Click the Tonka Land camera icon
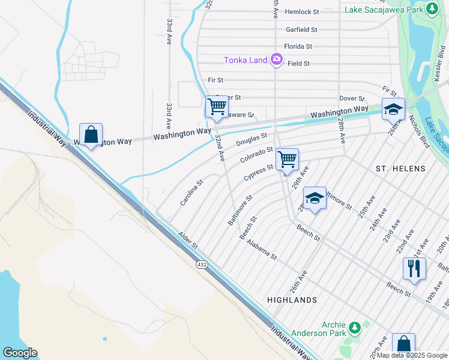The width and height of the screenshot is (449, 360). coord(277,59)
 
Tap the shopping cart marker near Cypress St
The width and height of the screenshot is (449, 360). coord(288,160)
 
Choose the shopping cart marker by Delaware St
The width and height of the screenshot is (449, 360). coord(217,107)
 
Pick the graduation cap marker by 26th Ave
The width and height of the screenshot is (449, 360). coord(393,109)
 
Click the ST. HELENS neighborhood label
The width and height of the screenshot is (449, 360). coord(400,169)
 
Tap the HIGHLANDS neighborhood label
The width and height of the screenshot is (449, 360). coord(292,299)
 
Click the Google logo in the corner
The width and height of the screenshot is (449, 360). coord(19,352)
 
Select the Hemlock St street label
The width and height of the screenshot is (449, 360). coord(302,12)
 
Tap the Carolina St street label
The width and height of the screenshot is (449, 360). coord(192,192)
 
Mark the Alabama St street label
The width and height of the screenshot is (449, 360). coord(261,248)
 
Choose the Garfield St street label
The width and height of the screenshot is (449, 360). coord(301,29)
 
